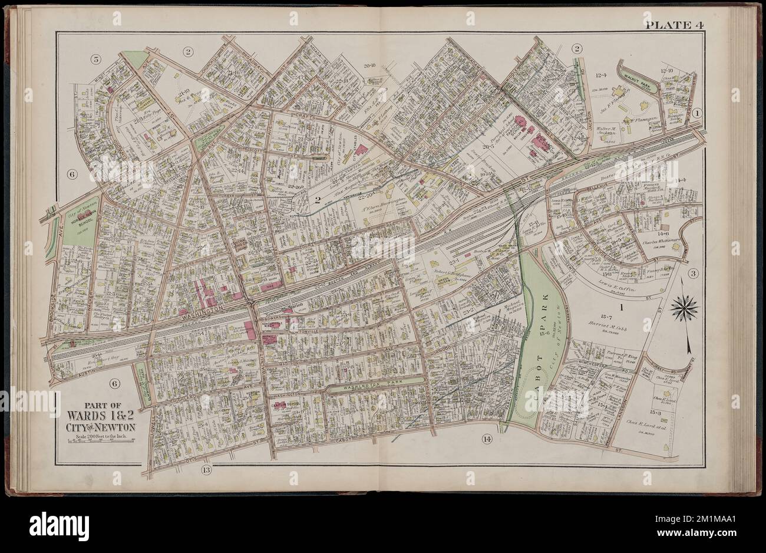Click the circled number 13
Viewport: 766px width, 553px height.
point(205,470)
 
